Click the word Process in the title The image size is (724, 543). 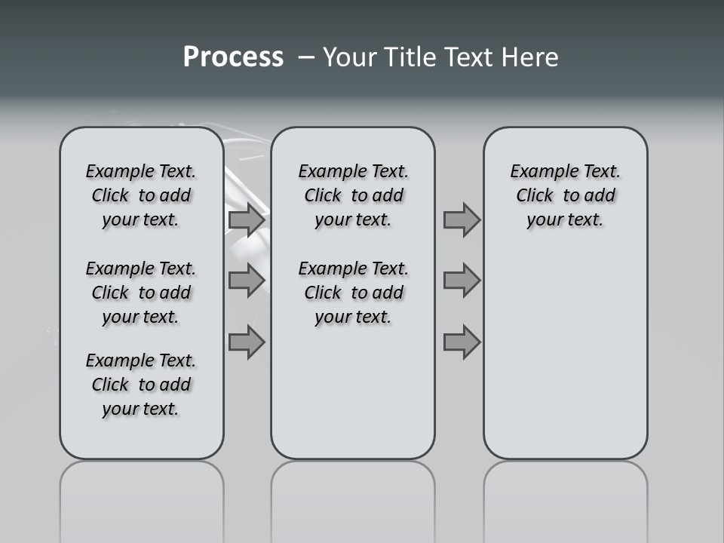(233, 57)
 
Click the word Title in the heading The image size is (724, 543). (412, 57)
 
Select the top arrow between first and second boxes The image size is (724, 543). (247, 220)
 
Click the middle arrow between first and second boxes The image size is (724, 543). (247, 281)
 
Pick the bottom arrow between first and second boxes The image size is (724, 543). (247, 342)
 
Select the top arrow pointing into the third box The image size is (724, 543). (462, 220)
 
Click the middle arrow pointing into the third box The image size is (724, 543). (462, 281)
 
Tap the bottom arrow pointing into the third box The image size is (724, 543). (462, 342)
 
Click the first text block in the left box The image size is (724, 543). (141, 195)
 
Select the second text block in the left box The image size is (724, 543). (141, 293)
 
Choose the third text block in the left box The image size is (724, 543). (141, 385)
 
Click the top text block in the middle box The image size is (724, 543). (353, 195)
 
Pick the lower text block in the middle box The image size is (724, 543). (353, 293)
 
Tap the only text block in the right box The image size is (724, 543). (565, 195)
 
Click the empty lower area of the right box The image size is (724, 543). (565, 354)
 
